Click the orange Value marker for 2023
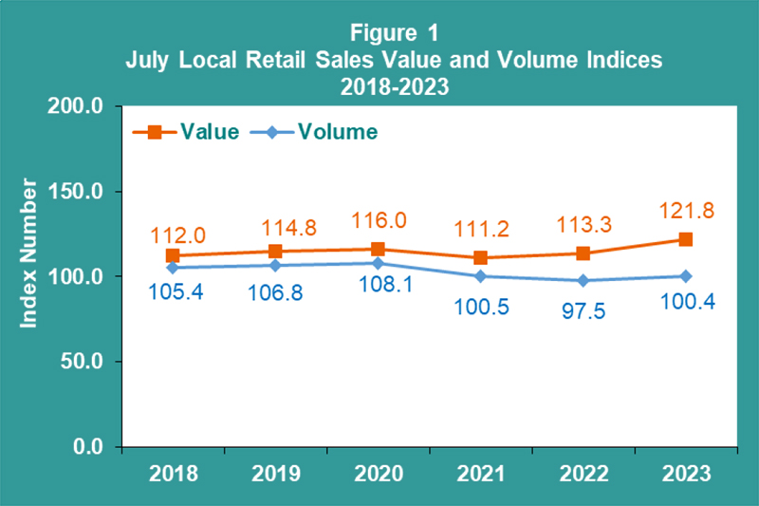pos(684,239)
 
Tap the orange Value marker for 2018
pos(173,255)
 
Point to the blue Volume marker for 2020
pos(377,263)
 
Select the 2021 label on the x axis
pos(478,472)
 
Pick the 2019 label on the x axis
pos(274,472)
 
